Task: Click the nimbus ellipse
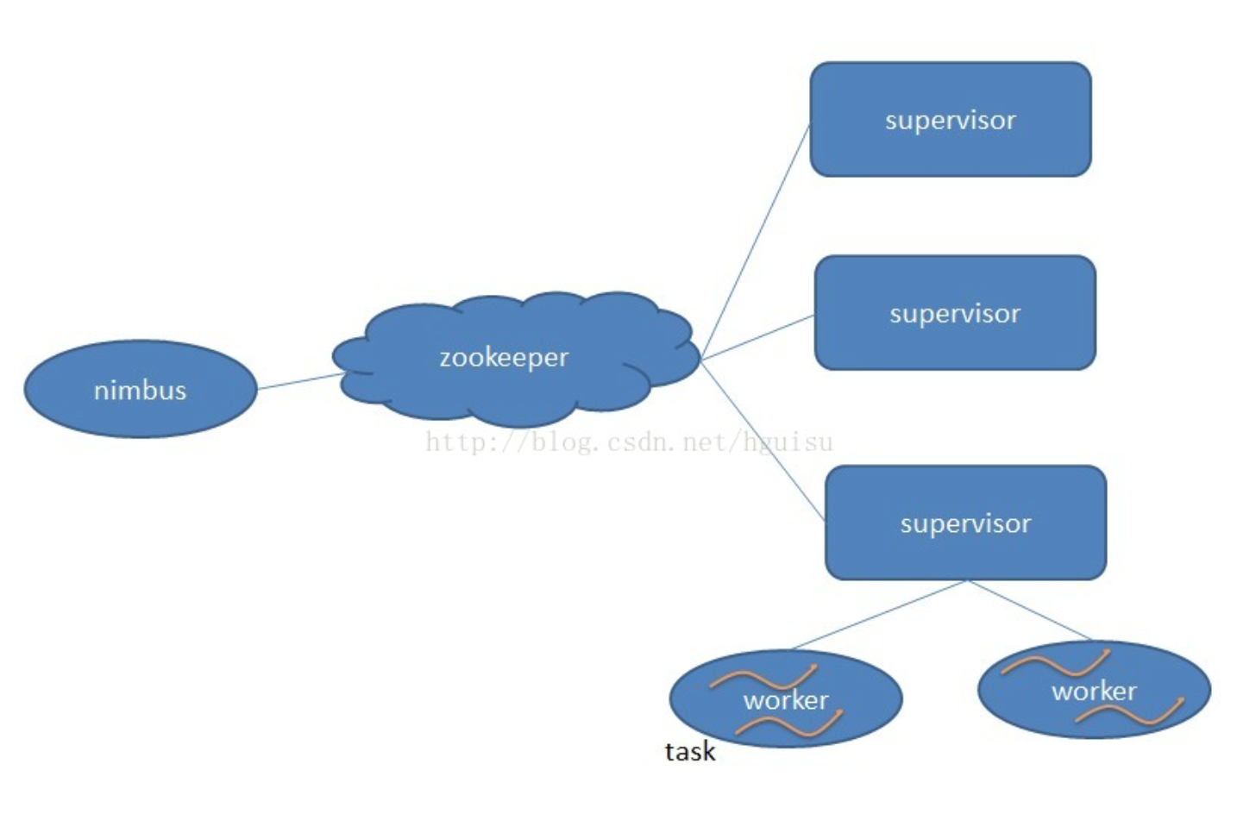(140, 390)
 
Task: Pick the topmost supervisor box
(950, 119)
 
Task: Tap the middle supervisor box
(954, 312)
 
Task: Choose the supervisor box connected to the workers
(964, 523)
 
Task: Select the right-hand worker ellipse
(1094, 690)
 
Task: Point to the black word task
(689, 751)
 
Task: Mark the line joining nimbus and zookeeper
(299, 381)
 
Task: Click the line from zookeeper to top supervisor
(756, 241)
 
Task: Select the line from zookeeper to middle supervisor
(757, 337)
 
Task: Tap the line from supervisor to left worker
(878, 614)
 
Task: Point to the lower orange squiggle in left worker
(790, 724)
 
